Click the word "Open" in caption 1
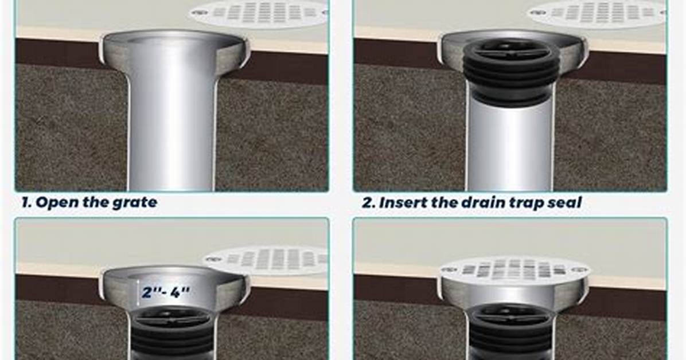point(53,202)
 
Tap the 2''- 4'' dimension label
point(167,291)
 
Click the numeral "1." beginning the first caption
point(27,202)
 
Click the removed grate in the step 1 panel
point(259,13)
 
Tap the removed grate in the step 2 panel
point(598,13)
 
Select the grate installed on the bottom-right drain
point(514,269)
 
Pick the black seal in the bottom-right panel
point(512,332)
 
